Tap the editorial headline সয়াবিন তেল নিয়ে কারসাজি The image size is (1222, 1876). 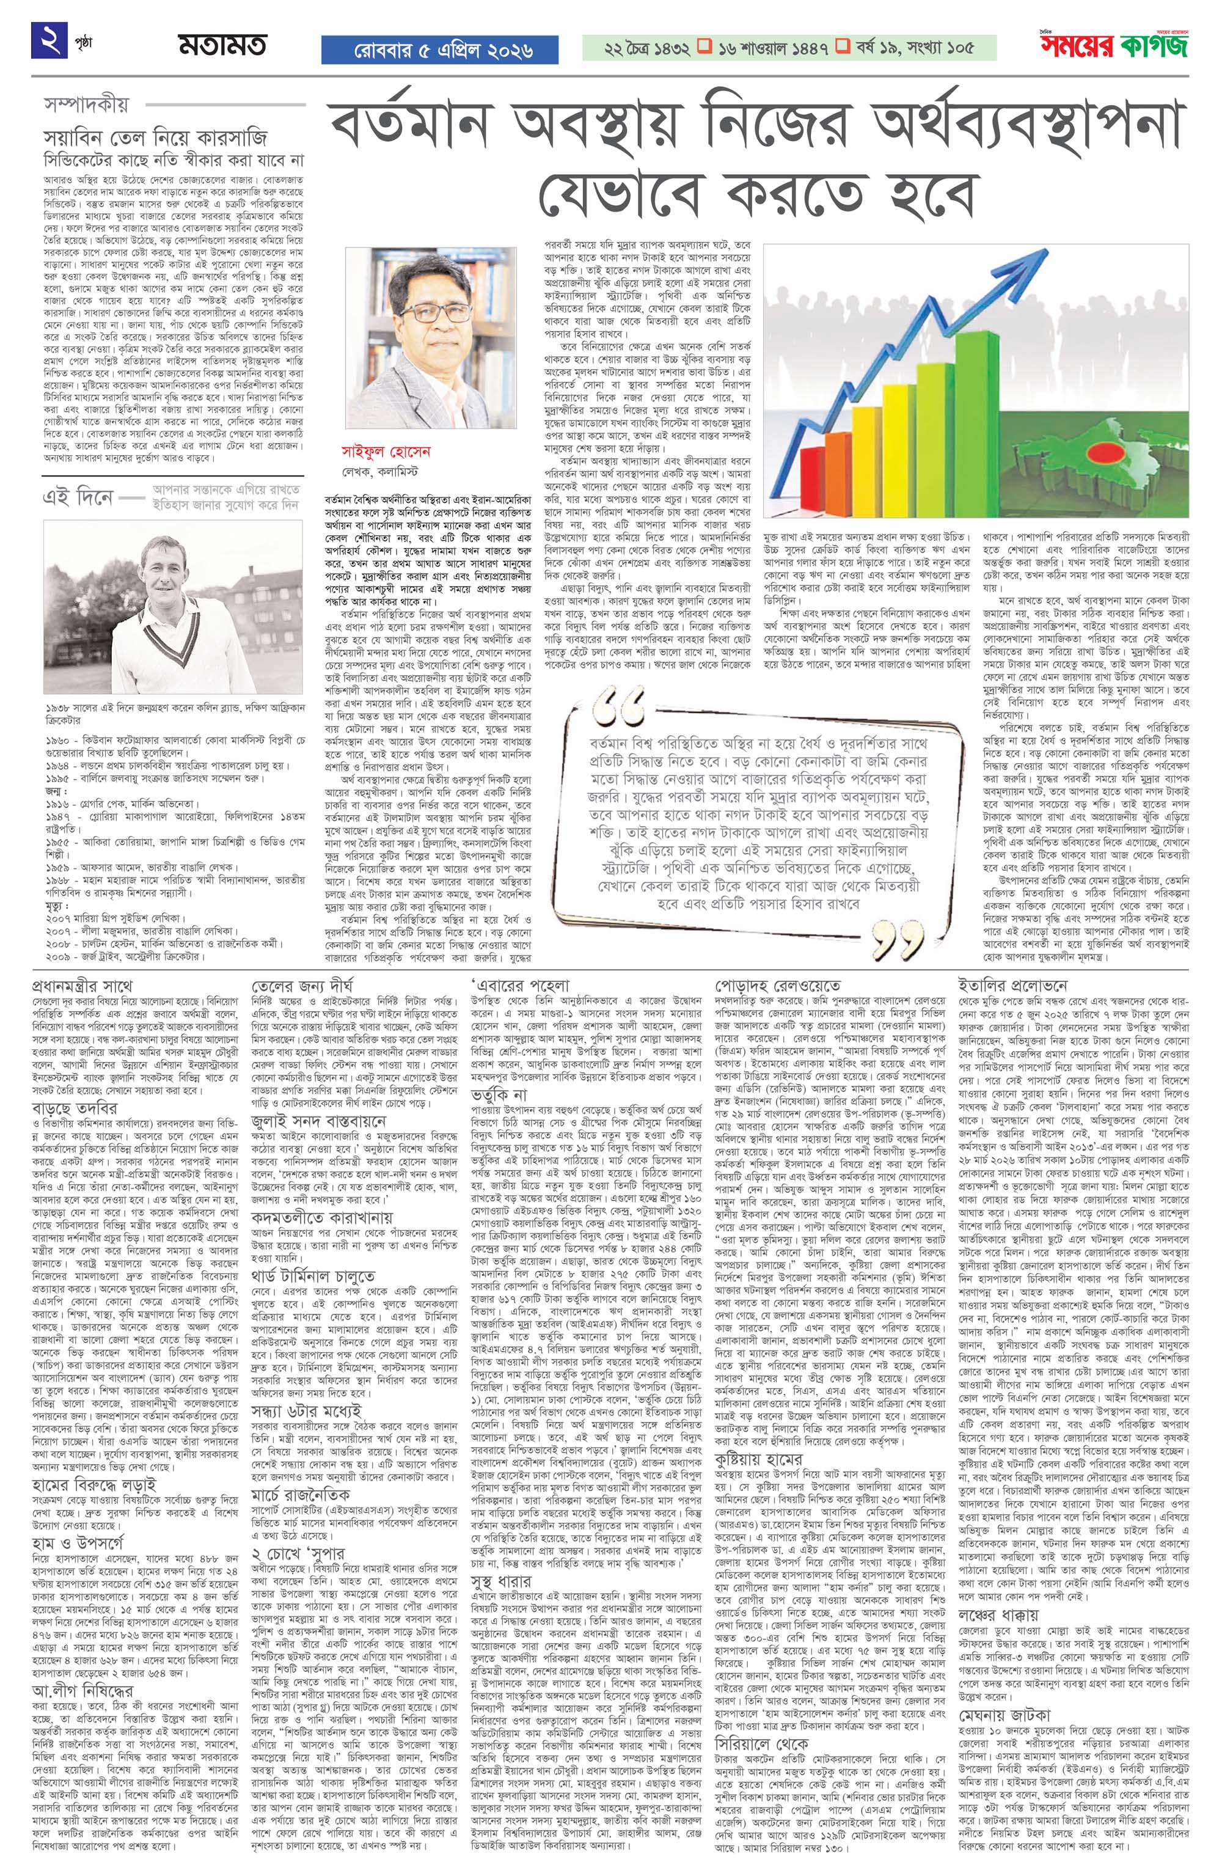coord(155,138)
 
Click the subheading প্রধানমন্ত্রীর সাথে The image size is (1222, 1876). coord(82,985)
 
